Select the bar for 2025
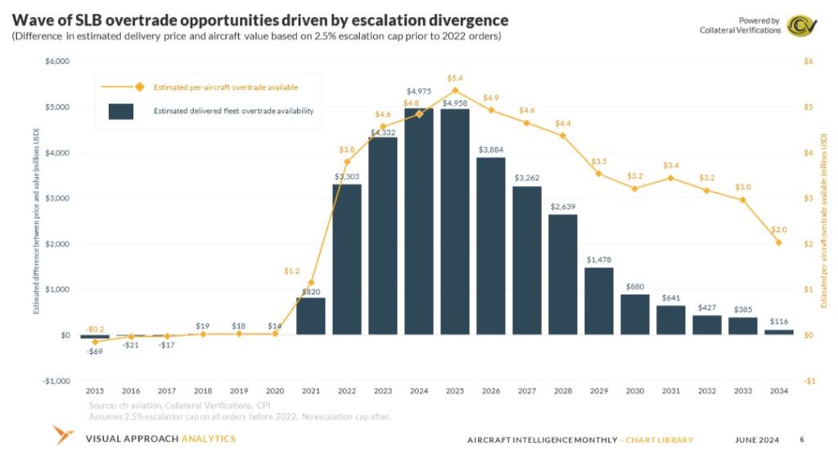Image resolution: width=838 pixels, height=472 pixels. (x=455, y=221)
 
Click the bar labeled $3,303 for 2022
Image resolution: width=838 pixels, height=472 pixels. (x=347, y=259)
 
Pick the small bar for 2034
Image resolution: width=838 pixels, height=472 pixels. (x=779, y=332)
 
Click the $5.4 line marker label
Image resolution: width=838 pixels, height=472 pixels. (x=455, y=78)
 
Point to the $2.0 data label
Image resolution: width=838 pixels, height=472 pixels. (x=779, y=229)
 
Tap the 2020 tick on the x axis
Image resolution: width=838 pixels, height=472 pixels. (x=275, y=392)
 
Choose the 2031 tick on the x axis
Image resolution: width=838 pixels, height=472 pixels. (x=671, y=392)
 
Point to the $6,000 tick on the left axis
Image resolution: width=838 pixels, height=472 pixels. (x=57, y=61)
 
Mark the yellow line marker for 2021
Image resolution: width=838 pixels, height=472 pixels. (x=311, y=282)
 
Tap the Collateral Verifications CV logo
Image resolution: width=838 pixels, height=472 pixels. (x=800, y=25)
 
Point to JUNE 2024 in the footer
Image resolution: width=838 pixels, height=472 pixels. (x=759, y=440)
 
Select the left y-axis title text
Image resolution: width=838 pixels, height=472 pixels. (x=36, y=220)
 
